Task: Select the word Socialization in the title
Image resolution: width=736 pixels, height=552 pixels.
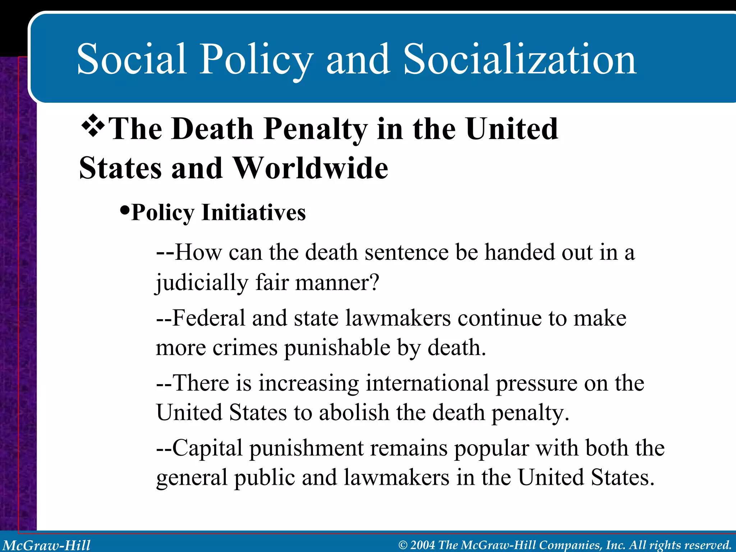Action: (x=520, y=59)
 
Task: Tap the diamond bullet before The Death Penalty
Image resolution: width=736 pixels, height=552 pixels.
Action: (x=93, y=126)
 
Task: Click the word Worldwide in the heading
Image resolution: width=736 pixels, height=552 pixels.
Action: (x=311, y=168)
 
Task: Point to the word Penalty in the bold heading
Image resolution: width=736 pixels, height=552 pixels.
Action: (x=315, y=129)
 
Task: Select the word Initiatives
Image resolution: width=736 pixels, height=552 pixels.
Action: (x=254, y=213)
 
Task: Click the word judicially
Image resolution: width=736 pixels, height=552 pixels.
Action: (x=202, y=283)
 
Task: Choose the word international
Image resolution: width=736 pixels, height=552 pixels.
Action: (x=427, y=383)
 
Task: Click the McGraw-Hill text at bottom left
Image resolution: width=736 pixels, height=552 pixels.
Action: (x=47, y=545)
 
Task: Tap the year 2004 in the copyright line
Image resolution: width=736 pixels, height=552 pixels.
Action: (x=423, y=545)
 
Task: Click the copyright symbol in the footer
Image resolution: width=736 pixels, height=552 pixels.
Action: (x=403, y=545)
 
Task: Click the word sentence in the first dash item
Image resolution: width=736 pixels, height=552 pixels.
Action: (x=406, y=252)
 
